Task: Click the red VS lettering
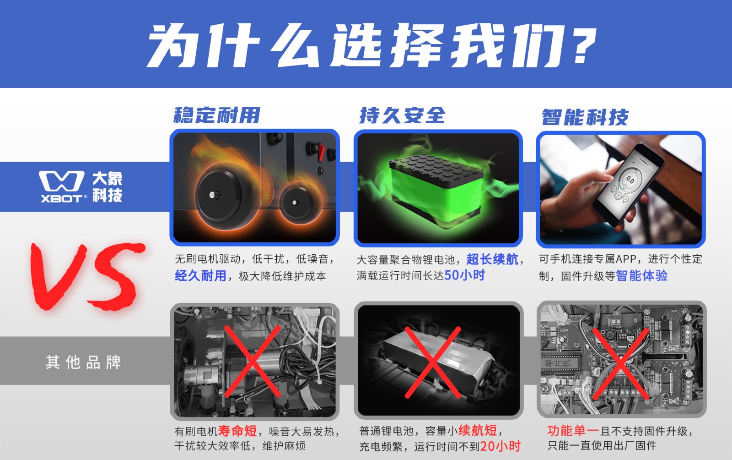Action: click(87, 276)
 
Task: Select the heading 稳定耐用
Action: click(217, 115)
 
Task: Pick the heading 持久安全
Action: click(402, 115)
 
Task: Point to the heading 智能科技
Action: click(585, 117)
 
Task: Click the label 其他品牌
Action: click(83, 362)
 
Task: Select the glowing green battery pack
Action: click(436, 188)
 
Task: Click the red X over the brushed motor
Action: click(252, 361)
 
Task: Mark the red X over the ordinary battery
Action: click(433, 362)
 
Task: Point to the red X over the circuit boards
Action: click(620, 364)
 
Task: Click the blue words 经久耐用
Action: click(200, 276)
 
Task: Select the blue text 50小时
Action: click(464, 275)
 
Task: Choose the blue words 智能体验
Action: click(641, 276)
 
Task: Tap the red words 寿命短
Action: click(237, 431)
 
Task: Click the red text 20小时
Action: click(501, 446)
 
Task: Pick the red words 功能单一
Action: click(573, 431)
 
